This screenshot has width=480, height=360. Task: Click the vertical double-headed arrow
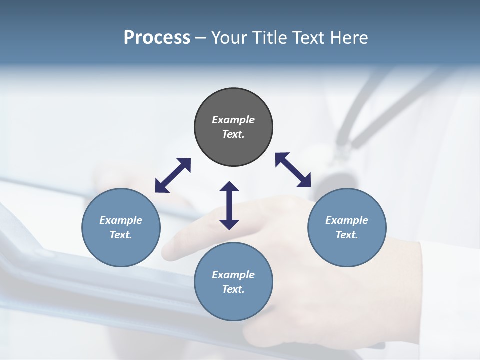coord(229,205)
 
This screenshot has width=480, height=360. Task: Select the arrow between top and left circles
coord(173,175)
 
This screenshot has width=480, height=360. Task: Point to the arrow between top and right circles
coord(293,170)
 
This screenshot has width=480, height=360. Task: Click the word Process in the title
coord(157,38)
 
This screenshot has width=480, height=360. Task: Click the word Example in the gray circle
coord(233,120)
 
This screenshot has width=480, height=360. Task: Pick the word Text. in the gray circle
coord(233,134)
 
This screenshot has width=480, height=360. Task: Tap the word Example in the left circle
coord(121,220)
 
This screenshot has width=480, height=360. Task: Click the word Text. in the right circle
coord(347,235)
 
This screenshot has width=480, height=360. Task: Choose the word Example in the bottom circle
coord(233,275)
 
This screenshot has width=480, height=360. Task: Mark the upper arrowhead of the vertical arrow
coord(229,187)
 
